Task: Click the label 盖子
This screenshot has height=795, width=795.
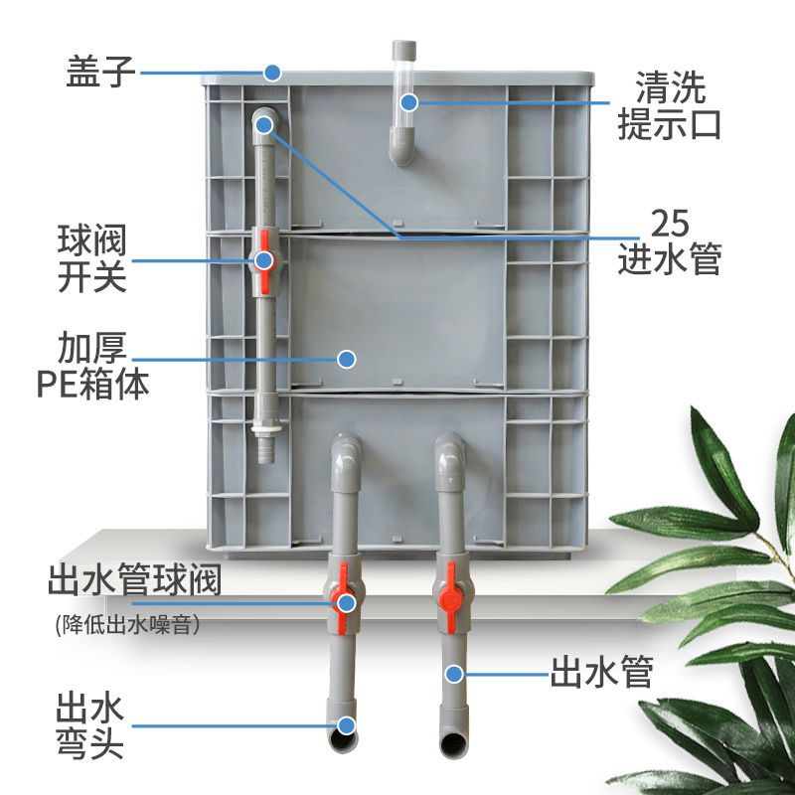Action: pyautogui.click(x=100, y=73)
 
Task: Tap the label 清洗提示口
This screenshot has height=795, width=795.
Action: pyautogui.click(x=669, y=105)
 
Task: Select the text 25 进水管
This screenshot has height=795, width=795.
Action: pyautogui.click(x=669, y=241)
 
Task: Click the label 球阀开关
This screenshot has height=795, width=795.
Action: pyautogui.click(x=91, y=258)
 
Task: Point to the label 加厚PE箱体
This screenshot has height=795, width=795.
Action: pyautogui.click(x=92, y=365)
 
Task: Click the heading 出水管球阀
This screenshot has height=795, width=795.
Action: pyautogui.click(x=134, y=580)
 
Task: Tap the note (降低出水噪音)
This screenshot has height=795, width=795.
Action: pyautogui.click(x=127, y=625)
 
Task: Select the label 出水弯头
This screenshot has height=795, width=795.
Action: pyautogui.click(x=89, y=726)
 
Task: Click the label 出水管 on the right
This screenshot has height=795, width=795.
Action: pyautogui.click(x=602, y=672)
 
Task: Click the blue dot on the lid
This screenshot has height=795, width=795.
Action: pyautogui.click(x=272, y=73)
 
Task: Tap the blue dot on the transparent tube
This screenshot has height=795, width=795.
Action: pyautogui.click(x=408, y=102)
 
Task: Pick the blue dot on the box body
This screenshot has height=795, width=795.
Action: pyautogui.click(x=346, y=359)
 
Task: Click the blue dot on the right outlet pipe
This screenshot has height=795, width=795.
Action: pyautogui.click(x=454, y=674)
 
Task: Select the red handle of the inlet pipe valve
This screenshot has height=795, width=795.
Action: pyautogui.click(x=264, y=261)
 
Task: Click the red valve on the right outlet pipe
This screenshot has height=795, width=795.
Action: pyautogui.click(x=450, y=594)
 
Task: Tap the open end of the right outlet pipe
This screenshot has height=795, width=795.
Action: pyautogui.click(x=453, y=743)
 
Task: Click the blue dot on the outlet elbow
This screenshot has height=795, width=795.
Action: pyautogui.click(x=346, y=725)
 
